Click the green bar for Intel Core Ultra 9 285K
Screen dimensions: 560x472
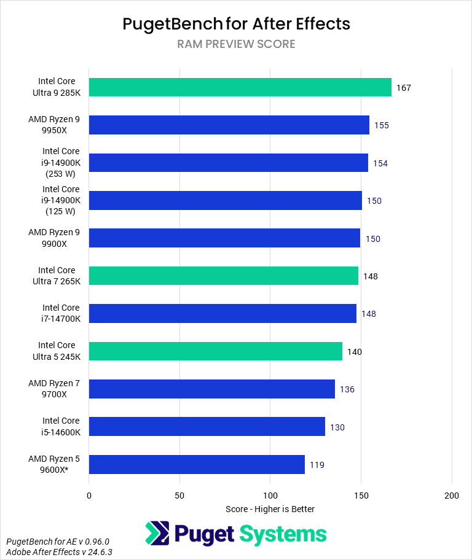240,87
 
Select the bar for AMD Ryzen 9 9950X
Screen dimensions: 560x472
229,125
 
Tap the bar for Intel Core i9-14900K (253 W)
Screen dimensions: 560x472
228,163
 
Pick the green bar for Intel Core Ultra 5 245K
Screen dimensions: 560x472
215,351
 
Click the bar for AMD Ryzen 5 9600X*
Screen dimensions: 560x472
197,464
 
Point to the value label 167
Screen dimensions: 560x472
403,88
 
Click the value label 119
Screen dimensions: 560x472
317,465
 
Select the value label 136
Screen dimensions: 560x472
347,389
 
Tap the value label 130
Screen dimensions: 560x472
337,427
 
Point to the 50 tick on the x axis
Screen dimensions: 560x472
179,495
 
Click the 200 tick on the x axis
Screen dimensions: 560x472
452,495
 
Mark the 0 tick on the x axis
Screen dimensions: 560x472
89,495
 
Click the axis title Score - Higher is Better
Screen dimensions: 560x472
270,509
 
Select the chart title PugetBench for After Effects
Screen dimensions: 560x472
236,24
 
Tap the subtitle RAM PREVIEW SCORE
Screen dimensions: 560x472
236,44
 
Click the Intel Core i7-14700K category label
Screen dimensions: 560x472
61,313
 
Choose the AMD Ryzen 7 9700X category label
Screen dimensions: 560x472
54,389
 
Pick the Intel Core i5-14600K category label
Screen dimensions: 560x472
61,426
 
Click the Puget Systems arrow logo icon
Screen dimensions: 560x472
159,534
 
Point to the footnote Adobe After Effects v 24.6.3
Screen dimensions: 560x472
59,552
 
